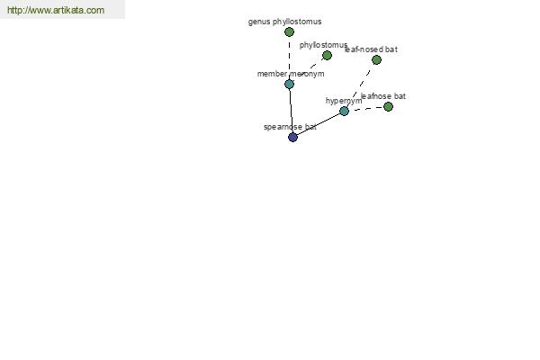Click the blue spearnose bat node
coord(292,137)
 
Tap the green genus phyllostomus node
coord(289,32)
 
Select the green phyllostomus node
coord(327,55)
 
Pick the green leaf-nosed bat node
coord(376,60)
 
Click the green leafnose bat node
coord(388,107)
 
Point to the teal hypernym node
coord(344,111)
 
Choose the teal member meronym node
coord(289,84)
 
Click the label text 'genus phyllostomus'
coord(284,22)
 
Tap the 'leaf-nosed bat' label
coord(371,49)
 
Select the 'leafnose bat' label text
coord(383,96)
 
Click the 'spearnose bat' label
coord(290,127)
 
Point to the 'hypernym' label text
coord(344,101)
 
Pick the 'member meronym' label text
coord(291,74)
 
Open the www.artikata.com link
coord(56,10)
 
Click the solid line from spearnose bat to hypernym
coord(319,124)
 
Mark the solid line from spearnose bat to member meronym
coord(291,111)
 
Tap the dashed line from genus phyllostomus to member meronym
coord(289,58)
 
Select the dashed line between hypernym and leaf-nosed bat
coord(360,85)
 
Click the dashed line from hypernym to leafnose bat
coord(366,109)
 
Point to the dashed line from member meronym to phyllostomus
coord(308,69)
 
